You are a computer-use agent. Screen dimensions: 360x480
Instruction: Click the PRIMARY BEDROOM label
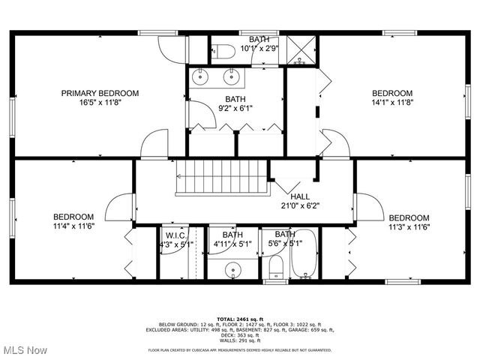point(100,93)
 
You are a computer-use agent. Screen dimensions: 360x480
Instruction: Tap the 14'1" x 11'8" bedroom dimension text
point(392,103)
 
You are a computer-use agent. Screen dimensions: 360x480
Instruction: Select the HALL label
point(290,196)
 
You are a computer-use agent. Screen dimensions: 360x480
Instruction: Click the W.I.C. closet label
point(175,235)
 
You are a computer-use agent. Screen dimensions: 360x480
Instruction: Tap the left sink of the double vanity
point(202,76)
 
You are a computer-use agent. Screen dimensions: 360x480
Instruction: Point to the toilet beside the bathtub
point(276,268)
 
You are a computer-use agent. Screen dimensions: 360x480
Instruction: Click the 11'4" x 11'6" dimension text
point(73,226)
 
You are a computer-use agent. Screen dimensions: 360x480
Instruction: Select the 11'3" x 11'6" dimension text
point(408,226)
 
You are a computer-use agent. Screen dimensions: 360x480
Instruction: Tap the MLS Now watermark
point(25,350)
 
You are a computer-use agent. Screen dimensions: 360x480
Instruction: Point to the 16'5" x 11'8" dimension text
point(100,103)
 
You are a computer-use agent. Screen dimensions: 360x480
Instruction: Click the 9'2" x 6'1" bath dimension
point(235,108)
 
